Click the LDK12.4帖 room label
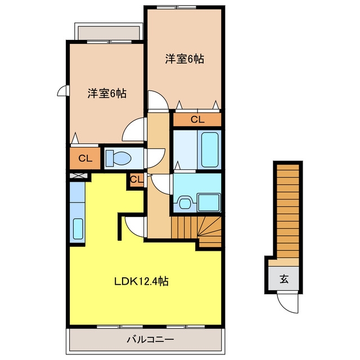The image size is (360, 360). [141, 281]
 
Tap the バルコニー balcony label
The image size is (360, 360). [150, 339]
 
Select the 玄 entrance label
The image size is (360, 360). [283, 279]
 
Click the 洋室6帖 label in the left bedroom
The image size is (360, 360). [107, 93]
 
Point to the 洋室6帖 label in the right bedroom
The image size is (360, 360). [184, 59]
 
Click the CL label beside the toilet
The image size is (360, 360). [85, 159]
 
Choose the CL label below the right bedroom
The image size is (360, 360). [197, 119]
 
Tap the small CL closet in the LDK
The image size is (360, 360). [136, 179]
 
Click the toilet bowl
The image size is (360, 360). [119, 158]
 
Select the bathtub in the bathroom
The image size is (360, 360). [210, 150]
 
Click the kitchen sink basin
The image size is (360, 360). [78, 229]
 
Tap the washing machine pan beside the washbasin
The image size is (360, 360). [209, 202]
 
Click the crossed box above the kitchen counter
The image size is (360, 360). [78, 176]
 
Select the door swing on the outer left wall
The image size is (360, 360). [62, 91]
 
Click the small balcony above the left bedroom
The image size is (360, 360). [109, 33]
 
